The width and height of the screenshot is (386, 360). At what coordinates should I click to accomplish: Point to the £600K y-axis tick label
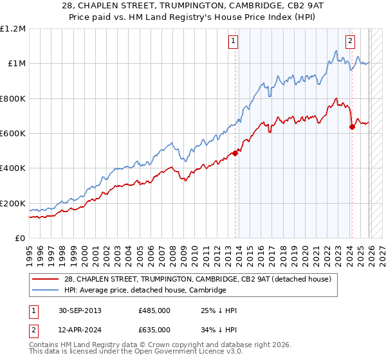[x=13, y=133]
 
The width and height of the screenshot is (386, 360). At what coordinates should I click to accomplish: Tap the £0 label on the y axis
[x=21, y=239]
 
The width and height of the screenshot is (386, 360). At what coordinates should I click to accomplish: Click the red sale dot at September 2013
[x=235, y=153]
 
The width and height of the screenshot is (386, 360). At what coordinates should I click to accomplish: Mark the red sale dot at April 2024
[x=352, y=127]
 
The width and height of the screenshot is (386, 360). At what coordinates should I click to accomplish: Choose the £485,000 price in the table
[x=154, y=310]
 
